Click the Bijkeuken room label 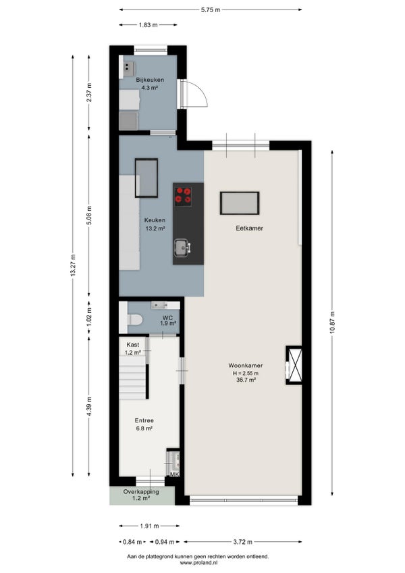pyautogui.click(x=150, y=80)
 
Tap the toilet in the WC pyautogui.click(x=134, y=320)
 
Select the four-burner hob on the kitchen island pyautogui.click(x=183, y=195)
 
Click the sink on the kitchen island pyautogui.click(x=182, y=248)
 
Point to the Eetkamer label pyautogui.click(x=250, y=228)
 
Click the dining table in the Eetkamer pyautogui.click(x=240, y=203)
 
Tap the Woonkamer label pyautogui.click(x=246, y=366)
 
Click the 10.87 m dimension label pyautogui.click(x=332, y=324)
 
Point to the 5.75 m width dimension pyautogui.click(x=211, y=10)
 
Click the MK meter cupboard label pyautogui.click(x=175, y=474)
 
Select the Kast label pyautogui.click(x=133, y=345)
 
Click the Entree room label pyautogui.click(x=144, y=420)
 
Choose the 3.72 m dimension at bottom pyautogui.click(x=243, y=542)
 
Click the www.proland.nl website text pyautogui.click(x=198, y=563)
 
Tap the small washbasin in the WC pyautogui.click(x=159, y=305)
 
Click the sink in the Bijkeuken pyautogui.click(x=128, y=69)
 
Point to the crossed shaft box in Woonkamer pyautogui.click(x=294, y=365)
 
